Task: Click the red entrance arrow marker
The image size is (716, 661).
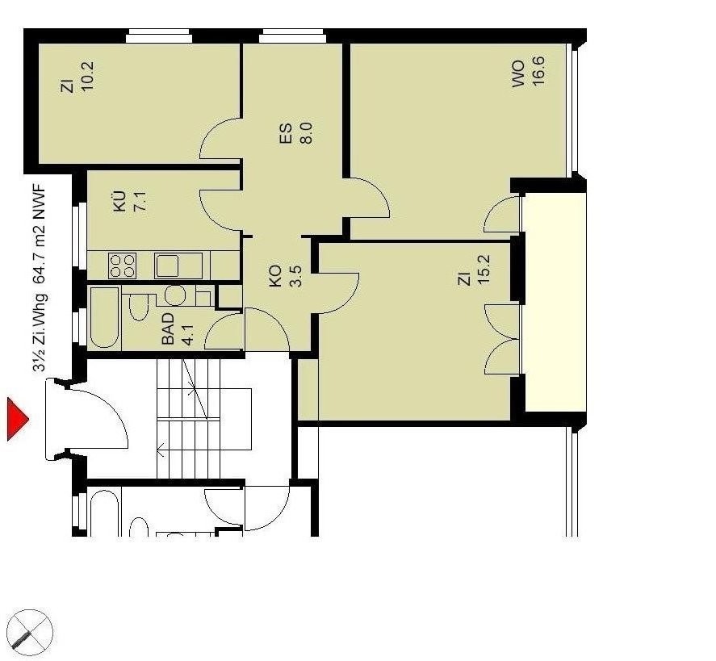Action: click(17, 419)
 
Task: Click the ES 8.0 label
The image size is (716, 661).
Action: click(296, 133)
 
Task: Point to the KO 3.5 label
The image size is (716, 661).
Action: click(286, 276)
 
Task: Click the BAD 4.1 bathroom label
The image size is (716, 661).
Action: click(178, 328)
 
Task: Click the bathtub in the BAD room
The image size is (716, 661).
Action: click(105, 318)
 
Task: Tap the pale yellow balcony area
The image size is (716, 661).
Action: click(555, 302)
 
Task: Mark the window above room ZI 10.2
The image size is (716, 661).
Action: click(158, 36)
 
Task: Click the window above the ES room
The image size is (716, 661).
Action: click(291, 36)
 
